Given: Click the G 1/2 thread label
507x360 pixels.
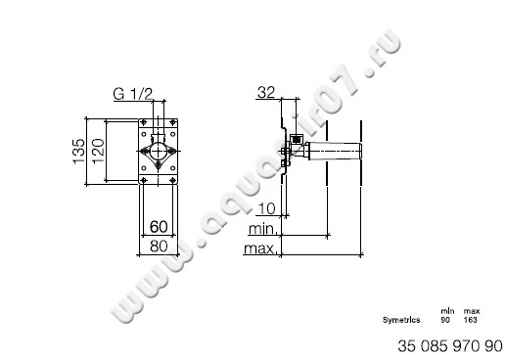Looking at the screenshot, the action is pyautogui.click(x=132, y=94).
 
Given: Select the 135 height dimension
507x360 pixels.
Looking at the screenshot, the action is pyautogui.click(x=78, y=152).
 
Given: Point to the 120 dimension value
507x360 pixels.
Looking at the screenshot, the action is pyautogui.click(x=98, y=152).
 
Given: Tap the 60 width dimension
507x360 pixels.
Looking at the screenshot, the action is pyautogui.click(x=159, y=227).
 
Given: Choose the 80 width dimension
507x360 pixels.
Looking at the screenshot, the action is pyautogui.click(x=159, y=247).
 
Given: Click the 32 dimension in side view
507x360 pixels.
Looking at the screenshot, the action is pyautogui.click(x=266, y=93).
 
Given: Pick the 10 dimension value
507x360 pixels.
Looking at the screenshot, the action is pyautogui.click(x=266, y=208).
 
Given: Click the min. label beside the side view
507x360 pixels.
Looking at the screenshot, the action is pyautogui.click(x=263, y=229).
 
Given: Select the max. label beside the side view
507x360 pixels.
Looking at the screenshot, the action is pyautogui.click(x=260, y=248).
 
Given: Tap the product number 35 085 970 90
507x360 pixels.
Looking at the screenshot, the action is pyautogui.click(x=450, y=346).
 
